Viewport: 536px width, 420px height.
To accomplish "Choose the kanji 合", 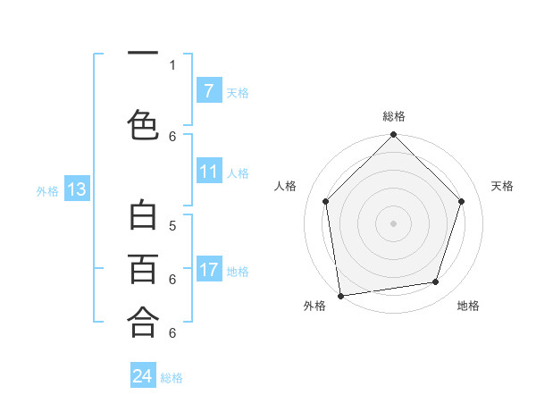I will click(143, 321).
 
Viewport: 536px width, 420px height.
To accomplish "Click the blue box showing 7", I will click(208, 91).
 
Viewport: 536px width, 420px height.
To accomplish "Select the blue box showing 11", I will click(208, 172).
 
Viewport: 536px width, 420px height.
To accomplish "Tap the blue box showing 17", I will click(208, 270).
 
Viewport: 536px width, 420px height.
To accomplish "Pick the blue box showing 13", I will click(76, 189).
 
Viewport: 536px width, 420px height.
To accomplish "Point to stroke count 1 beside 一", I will click(172, 65).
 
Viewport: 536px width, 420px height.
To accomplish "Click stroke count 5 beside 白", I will click(172, 225).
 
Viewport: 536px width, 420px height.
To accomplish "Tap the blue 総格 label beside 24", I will click(172, 378).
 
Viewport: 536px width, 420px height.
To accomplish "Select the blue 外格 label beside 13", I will click(47, 190).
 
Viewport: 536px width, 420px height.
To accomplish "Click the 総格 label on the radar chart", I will click(394, 116).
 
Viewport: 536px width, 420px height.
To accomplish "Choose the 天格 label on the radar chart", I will click(503, 186).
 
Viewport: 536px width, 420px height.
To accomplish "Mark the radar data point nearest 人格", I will click(326, 201).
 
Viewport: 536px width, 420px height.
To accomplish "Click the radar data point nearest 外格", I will click(340, 295).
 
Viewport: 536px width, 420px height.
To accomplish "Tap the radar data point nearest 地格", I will click(436, 282).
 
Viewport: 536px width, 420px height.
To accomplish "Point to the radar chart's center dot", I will click(394, 223).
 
